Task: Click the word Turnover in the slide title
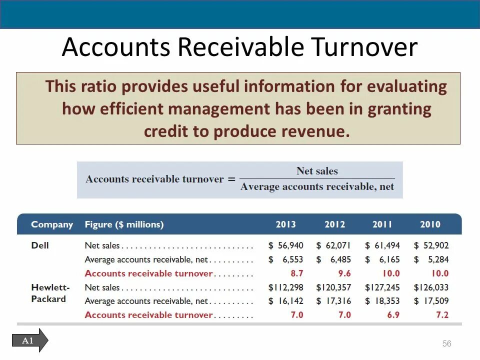coord(365,47)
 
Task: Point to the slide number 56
coord(446,343)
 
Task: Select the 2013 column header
coord(285,224)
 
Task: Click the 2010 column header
coord(430,224)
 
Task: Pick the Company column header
coord(52,224)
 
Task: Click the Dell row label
coord(40,245)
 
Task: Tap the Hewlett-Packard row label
coord(50,293)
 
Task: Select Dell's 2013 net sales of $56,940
coord(285,245)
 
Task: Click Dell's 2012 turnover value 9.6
coord(345,273)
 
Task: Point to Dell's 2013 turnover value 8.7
coord(297,273)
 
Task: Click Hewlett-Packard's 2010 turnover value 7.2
coord(442,315)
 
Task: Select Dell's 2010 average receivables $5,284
coord(431,259)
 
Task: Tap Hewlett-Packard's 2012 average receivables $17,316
coord(333,301)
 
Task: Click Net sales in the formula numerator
coord(317,171)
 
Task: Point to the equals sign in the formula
coord(231,179)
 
